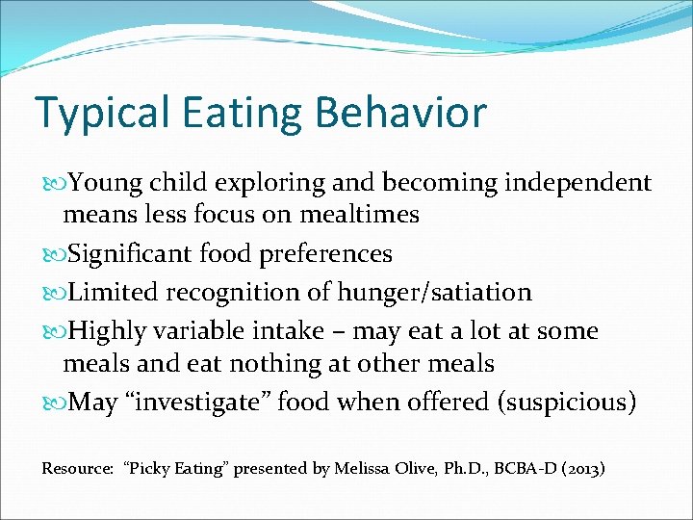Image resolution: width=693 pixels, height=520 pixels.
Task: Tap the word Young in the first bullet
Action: click(108, 182)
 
